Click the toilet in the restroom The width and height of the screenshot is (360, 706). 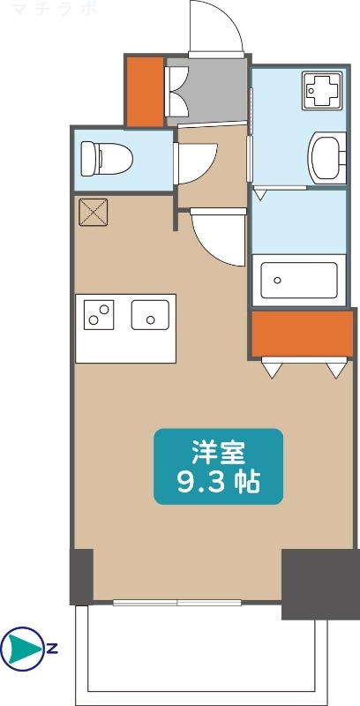106,160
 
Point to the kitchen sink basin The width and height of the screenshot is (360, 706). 150,315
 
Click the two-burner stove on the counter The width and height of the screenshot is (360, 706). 99,315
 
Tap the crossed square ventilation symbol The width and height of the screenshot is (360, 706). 92,213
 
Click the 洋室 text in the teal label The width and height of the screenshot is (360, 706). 219,452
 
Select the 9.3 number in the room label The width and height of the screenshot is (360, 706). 197,483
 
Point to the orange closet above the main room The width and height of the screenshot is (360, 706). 301,333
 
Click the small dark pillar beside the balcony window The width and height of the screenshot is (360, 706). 81,576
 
